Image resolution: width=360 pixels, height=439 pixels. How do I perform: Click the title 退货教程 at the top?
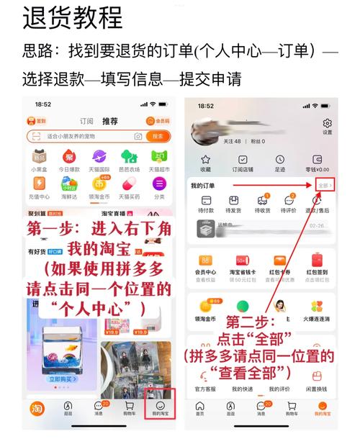(x=73, y=17)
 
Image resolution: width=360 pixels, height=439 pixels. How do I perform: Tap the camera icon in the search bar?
(x=138, y=136)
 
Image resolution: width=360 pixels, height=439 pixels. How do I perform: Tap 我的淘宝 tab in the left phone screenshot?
(x=160, y=407)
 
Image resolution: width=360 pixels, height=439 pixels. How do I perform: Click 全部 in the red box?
(x=325, y=186)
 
